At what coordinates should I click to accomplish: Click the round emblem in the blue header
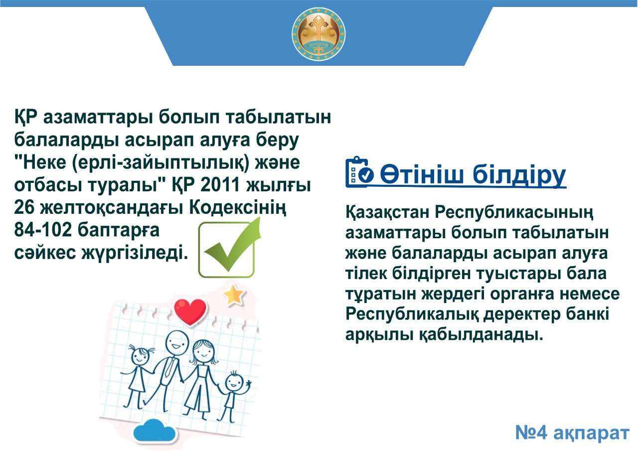click(x=319, y=34)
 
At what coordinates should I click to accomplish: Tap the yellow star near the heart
click(x=234, y=295)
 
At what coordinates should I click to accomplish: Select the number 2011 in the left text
click(x=220, y=185)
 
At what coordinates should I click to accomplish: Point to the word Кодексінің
click(x=238, y=208)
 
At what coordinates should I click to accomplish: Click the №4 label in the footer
click(x=531, y=433)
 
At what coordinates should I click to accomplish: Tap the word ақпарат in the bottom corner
click(x=591, y=434)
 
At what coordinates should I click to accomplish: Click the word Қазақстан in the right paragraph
click(x=387, y=212)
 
